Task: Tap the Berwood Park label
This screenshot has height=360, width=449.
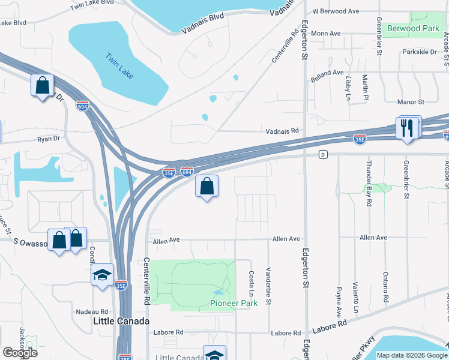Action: point(413,28)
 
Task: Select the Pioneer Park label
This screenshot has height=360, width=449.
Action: point(234,303)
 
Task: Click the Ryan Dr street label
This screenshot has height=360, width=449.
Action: point(48,138)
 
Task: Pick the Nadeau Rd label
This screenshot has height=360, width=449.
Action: point(92,312)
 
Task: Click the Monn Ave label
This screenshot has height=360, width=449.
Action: point(326,34)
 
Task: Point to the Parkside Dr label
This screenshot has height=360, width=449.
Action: point(420,52)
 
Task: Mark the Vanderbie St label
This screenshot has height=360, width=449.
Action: point(268,286)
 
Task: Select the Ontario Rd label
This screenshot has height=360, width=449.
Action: point(384,286)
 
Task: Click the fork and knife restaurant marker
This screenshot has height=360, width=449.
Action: point(407,127)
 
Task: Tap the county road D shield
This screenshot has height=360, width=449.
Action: point(323,155)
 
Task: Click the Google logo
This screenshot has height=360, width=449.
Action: point(20,352)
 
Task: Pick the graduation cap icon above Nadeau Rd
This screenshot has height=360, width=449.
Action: point(102,275)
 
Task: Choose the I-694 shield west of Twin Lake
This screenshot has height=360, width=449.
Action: point(83,106)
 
